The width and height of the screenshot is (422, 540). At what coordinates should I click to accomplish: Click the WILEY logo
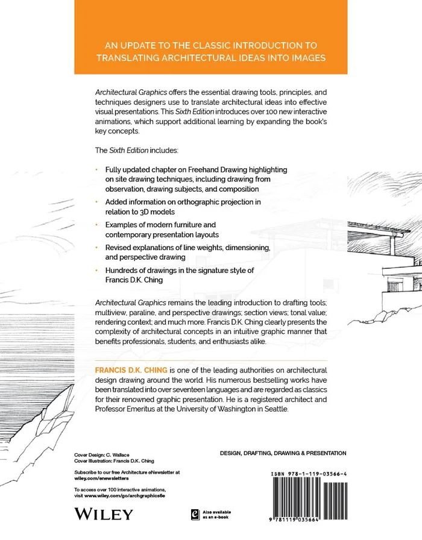pyautogui.click(x=102, y=513)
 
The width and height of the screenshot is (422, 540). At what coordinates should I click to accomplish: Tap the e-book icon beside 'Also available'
pyautogui.click(x=195, y=513)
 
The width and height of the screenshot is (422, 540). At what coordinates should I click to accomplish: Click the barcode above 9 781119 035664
pyautogui.click(x=309, y=501)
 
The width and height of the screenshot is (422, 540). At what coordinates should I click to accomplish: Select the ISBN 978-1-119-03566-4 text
pyautogui.click(x=309, y=476)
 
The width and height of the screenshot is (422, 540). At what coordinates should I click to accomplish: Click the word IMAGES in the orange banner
pyautogui.click(x=304, y=58)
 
